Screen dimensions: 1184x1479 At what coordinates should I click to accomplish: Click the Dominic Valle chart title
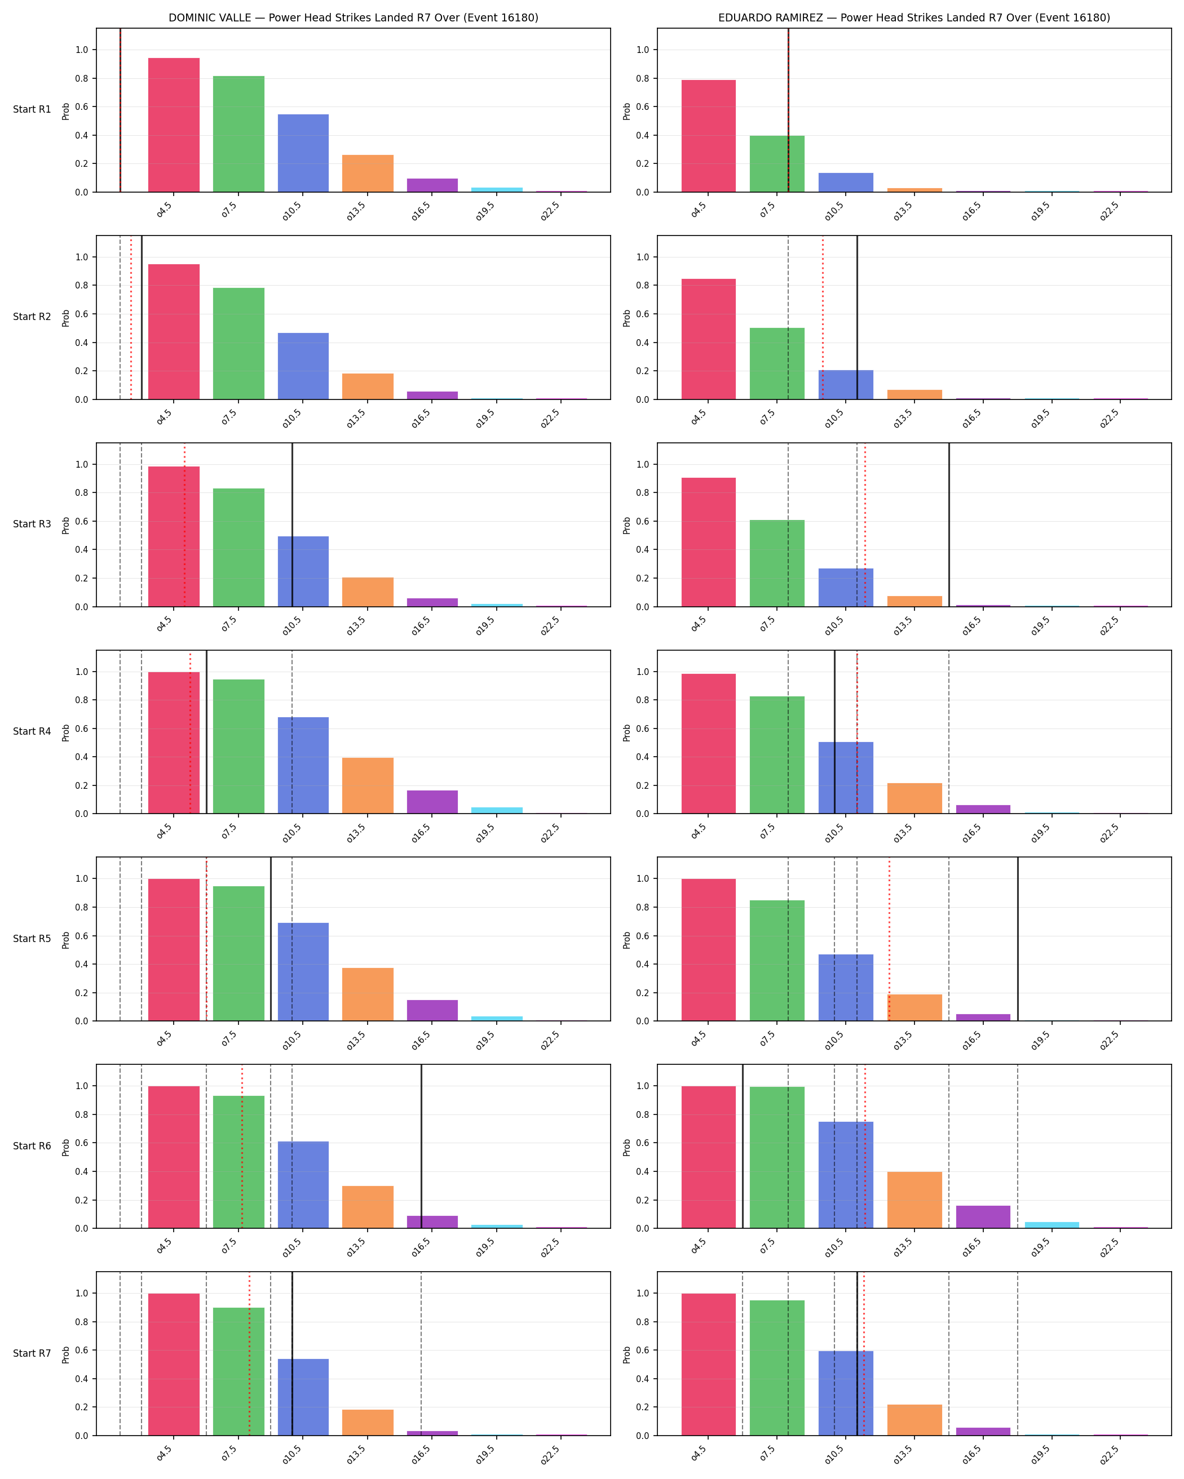354,18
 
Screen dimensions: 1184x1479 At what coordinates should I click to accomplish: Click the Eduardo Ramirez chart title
914,18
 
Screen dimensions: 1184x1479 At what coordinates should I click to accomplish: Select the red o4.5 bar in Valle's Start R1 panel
174,125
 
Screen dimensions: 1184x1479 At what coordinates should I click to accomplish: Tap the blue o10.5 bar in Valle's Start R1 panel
303,153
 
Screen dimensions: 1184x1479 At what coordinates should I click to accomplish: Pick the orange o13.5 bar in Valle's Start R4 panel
368,785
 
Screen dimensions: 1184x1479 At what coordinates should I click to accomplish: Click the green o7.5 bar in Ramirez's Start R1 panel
777,164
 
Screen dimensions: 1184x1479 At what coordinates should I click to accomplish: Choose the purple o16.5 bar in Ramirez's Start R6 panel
983,1217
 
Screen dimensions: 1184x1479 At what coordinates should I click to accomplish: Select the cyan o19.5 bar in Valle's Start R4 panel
497,811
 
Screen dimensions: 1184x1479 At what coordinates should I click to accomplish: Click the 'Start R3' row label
32,524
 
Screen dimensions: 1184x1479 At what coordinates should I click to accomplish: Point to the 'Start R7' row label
32,1353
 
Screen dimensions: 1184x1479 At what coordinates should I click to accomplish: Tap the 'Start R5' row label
32,939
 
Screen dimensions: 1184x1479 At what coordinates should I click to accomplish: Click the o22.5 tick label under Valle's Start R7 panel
550,1455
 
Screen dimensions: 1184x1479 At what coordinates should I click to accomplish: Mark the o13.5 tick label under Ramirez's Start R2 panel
903,419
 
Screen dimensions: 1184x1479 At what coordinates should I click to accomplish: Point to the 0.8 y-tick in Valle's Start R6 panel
82,1114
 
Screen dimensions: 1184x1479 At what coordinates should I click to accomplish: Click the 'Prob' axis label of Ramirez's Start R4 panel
626,732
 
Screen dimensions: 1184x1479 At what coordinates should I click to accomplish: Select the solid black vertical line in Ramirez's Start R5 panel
1018,939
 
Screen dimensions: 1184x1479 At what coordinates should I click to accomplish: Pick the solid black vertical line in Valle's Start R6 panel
421,1146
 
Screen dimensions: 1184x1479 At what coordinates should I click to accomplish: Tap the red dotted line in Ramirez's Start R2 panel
823,318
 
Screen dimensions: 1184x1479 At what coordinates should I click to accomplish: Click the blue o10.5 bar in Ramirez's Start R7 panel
846,1393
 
